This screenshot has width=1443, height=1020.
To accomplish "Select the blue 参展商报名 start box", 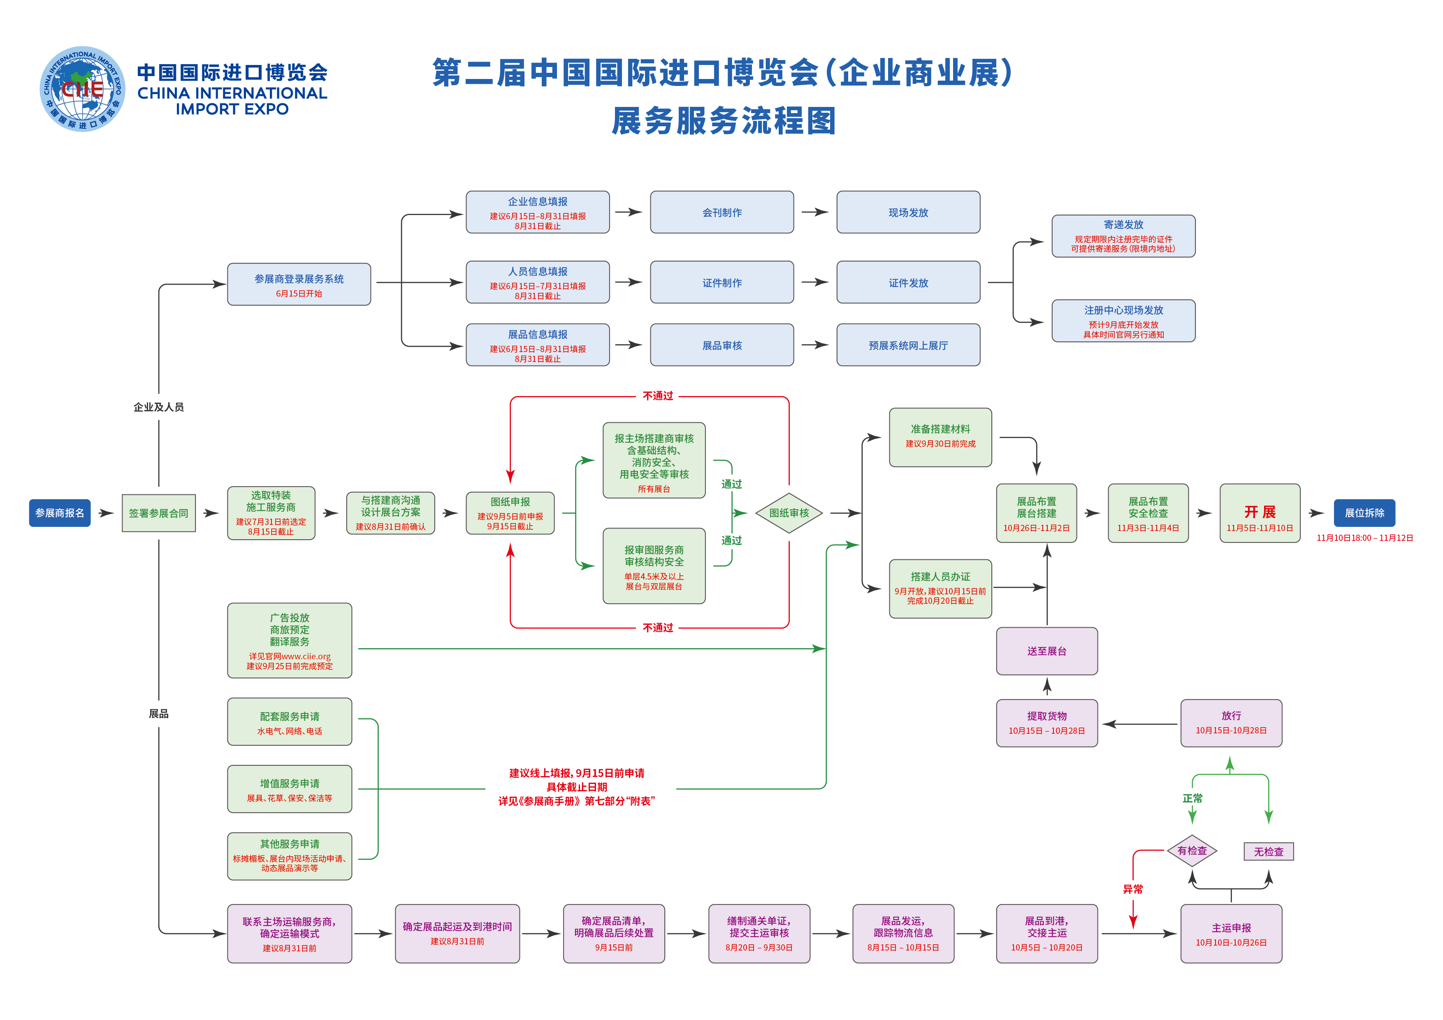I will pyautogui.click(x=60, y=513).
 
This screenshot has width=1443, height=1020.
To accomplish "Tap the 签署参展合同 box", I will pyautogui.click(x=158, y=513).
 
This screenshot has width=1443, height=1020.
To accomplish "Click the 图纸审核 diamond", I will pyautogui.click(x=789, y=513).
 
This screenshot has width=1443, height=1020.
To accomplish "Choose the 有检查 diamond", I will pyautogui.click(x=1192, y=850).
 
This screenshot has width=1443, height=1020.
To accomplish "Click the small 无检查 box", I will pyautogui.click(x=1268, y=851).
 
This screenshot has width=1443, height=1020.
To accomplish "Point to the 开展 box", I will pyautogui.click(x=1260, y=513).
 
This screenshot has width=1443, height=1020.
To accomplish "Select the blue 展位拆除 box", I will pyautogui.click(x=1364, y=513).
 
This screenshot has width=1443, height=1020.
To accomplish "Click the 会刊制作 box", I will pyautogui.click(x=721, y=212).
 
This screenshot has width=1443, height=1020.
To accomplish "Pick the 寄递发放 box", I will pyautogui.click(x=1123, y=236).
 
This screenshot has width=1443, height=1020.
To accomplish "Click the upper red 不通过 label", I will pyautogui.click(x=657, y=396).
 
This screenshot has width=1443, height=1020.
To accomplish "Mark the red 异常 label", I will pyautogui.click(x=1132, y=889).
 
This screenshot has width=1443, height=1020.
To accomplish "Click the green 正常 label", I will pyautogui.click(x=1192, y=798).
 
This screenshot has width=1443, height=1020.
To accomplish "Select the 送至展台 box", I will pyautogui.click(x=1046, y=651).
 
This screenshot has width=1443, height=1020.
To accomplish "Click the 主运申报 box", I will pyautogui.click(x=1231, y=933).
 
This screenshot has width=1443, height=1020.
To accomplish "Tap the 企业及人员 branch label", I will pyautogui.click(x=158, y=407).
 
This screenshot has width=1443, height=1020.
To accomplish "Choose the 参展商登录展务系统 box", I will pyautogui.click(x=299, y=284).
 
